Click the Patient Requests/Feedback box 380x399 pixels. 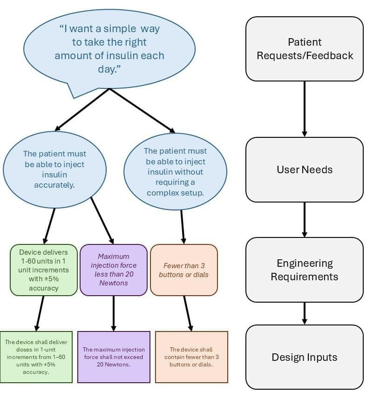click(x=305, y=49)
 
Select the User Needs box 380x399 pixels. click(x=305, y=169)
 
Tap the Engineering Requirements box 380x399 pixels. click(x=305, y=270)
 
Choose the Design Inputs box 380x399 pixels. click(x=305, y=357)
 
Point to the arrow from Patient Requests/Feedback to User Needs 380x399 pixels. click(x=305, y=108)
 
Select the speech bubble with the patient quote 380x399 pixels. click(x=109, y=49)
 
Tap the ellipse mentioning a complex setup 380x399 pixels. click(x=175, y=172)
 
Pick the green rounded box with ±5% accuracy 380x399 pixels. click(x=44, y=270)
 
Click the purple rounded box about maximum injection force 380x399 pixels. click(x=114, y=270)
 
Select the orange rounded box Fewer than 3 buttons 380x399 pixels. click(x=183, y=270)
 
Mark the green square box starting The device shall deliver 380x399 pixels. click(x=36, y=357)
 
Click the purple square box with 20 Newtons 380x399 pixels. click(x=114, y=357)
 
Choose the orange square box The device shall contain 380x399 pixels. click(x=191, y=357)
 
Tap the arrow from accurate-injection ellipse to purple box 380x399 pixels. click(x=102, y=220)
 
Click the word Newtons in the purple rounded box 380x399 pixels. click(x=114, y=283)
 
